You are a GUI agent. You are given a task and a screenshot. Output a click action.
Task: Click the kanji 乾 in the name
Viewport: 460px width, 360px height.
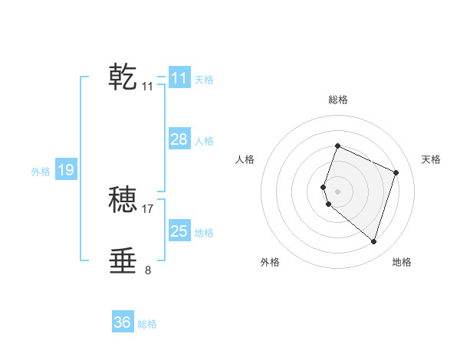(x=123, y=77)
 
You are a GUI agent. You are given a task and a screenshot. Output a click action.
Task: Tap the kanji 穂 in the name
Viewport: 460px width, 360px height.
(x=123, y=200)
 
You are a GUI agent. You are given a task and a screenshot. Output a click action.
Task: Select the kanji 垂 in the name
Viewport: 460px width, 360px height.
(x=123, y=261)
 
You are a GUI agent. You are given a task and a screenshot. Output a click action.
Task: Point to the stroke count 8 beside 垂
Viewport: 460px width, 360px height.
(x=148, y=270)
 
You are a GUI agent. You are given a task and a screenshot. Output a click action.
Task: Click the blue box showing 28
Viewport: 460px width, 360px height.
(x=179, y=139)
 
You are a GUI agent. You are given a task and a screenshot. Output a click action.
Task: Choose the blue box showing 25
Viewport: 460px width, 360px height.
(x=179, y=231)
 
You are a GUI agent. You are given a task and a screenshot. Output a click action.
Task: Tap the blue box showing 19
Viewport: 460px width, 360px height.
(x=65, y=170)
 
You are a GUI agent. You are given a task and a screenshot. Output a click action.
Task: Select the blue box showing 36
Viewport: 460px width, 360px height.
(x=122, y=322)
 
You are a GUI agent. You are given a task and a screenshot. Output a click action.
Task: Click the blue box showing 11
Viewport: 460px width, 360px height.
(x=179, y=78)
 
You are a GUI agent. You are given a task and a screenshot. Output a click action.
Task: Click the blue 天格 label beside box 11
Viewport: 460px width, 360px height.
(x=204, y=79)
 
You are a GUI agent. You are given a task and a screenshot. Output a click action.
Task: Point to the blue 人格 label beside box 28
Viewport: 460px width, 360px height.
(x=204, y=140)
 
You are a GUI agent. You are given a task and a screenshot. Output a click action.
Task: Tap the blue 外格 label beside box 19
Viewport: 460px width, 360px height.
(x=41, y=172)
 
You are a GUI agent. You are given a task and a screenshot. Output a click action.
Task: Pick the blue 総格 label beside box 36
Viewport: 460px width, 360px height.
(x=147, y=324)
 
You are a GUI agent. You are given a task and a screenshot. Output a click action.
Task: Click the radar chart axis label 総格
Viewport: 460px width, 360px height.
(x=337, y=100)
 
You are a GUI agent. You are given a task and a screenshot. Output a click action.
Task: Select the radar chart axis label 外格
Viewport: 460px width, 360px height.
(x=270, y=262)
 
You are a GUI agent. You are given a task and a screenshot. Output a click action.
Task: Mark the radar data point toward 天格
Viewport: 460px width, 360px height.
(x=396, y=172)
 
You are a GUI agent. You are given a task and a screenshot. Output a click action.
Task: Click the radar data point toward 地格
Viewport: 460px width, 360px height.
(x=373, y=242)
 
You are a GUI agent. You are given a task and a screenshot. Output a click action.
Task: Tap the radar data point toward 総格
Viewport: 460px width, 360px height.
(x=337, y=146)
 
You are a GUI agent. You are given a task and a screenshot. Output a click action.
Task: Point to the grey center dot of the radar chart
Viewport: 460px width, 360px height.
(x=337, y=191)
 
